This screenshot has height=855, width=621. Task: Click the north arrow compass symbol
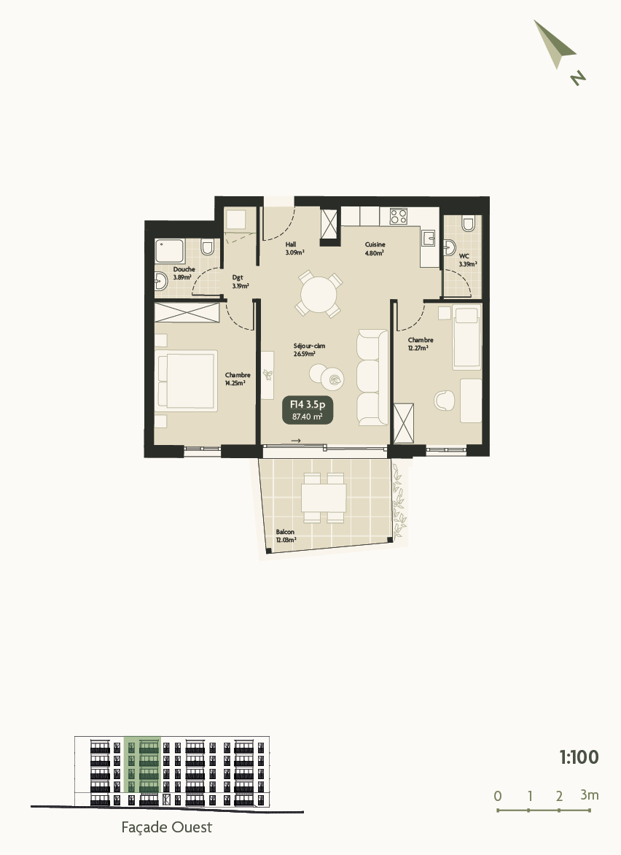tap(555, 45)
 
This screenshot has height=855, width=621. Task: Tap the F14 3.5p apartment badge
tap(307, 410)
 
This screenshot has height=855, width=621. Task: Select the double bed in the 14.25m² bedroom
tap(187, 380)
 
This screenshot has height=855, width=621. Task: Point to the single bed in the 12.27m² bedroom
tap(466, 337)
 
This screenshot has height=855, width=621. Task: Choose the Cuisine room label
tap(375, 244)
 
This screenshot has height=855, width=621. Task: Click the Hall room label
tap(291, 244)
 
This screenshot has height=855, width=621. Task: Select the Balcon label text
tap(285, 533)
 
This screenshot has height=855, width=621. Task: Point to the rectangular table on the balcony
tap(324, 498)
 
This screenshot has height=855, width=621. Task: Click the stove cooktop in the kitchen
tap(399, 216)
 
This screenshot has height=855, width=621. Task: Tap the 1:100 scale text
tap(579, 757)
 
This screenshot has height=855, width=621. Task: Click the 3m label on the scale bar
tap(590, 794)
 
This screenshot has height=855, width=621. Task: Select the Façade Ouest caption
tap(166, 827)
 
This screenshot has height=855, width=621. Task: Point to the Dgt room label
tap(238, 277)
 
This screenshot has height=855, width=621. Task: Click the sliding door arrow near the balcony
tap(295, 441)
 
